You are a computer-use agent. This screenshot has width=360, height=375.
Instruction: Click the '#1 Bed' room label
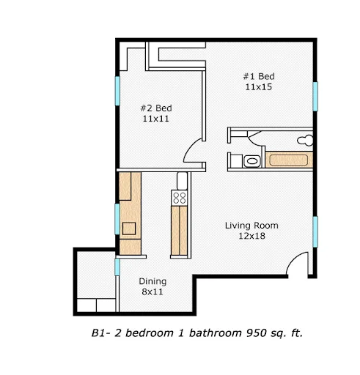259,76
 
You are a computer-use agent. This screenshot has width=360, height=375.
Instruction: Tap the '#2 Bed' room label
156,108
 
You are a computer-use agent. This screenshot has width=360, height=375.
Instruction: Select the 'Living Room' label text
251,225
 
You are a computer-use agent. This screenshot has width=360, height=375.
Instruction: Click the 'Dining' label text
153,281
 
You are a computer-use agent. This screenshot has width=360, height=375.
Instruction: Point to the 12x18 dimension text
251,236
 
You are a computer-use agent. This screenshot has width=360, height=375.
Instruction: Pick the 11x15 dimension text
259,87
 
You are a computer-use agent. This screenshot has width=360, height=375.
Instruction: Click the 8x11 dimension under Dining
153,292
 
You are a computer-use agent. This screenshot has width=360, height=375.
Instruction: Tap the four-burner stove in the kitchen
179,196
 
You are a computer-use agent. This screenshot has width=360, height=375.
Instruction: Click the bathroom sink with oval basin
251,160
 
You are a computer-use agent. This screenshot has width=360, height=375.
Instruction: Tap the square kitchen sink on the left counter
129,227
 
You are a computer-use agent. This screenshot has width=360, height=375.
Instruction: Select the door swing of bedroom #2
194,152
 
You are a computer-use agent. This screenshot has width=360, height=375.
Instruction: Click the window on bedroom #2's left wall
117,89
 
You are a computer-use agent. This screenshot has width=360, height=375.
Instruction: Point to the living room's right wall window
316,231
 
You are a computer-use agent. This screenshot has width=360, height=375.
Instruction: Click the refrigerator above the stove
179,180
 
